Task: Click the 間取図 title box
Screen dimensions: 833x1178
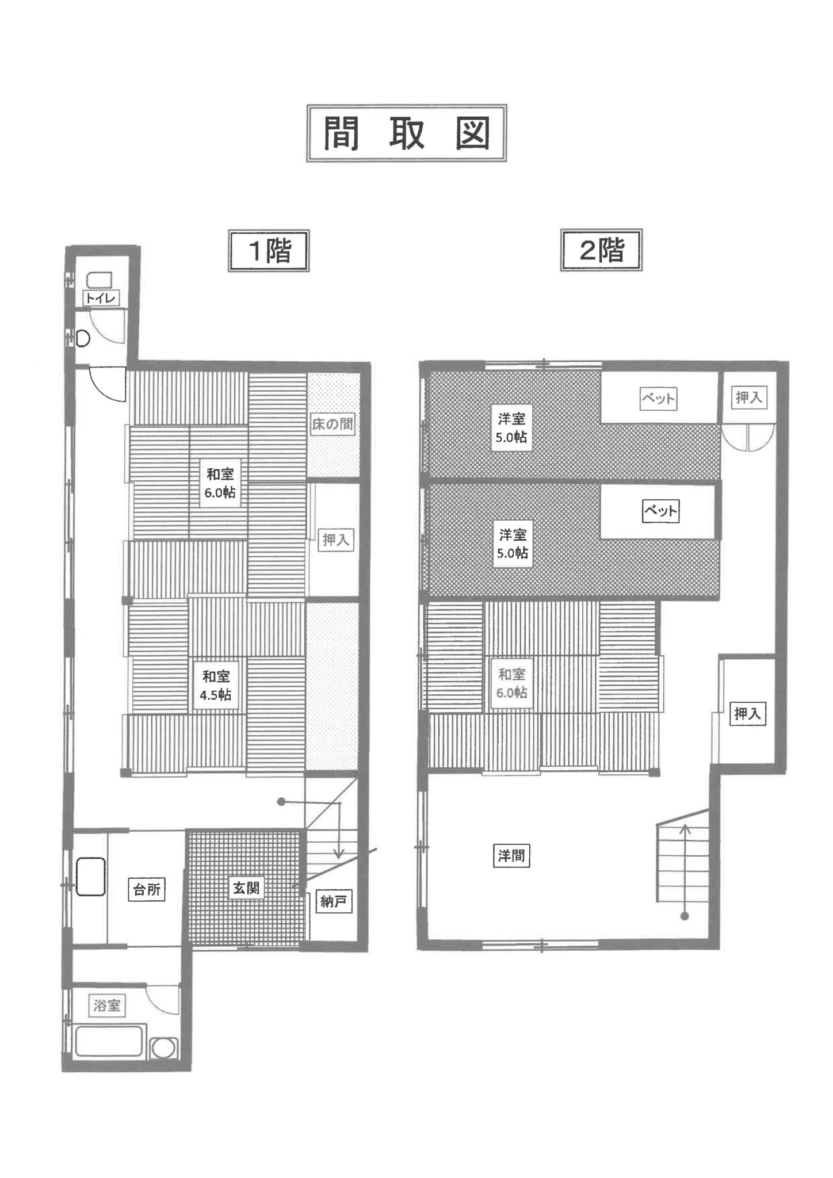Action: click(x=406, y=133)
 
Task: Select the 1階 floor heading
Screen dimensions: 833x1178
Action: click(x=269, y=250)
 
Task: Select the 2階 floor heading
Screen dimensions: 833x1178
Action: click(x=601, y=250)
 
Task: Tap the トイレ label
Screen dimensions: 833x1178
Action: click(x=101, y=298)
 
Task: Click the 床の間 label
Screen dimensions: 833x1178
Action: click(x=332, y=424)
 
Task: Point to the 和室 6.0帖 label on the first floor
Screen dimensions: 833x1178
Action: click(x=220, y=483)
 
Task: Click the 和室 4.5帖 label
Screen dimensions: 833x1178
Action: click(x=216, y=686)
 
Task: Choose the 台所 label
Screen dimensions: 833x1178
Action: click(x=147, y=890)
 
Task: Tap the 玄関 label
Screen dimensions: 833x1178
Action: click(x=246, y=888)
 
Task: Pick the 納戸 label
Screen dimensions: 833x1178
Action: click(x=334, y=901)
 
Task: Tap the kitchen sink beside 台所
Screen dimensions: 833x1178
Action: click(x=91, y=877)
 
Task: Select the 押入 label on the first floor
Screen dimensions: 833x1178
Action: click(x=335, y=540)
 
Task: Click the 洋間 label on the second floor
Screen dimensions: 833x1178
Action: click(x=511, y=856)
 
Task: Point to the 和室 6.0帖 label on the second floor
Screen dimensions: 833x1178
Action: click(x=512, y=683)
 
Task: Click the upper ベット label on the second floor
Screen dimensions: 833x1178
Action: click(x=658, y=399)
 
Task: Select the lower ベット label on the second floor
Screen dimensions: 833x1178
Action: click(x=660, y=511)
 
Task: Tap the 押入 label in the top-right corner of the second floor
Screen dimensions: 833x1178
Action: click(x=748, y=397)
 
